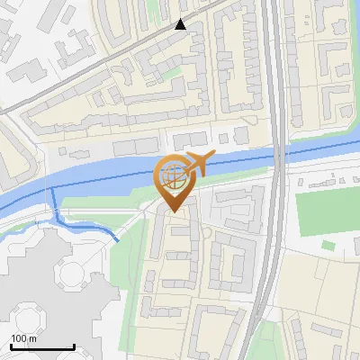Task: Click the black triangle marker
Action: (x=181, y=24)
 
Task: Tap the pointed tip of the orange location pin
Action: (x=172, y=212)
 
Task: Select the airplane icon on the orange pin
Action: (x=197, y=164)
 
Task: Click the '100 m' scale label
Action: (x=23, y=338)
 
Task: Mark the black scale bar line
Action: (x=41, y=346)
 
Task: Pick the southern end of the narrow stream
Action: (x=117, y=240)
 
